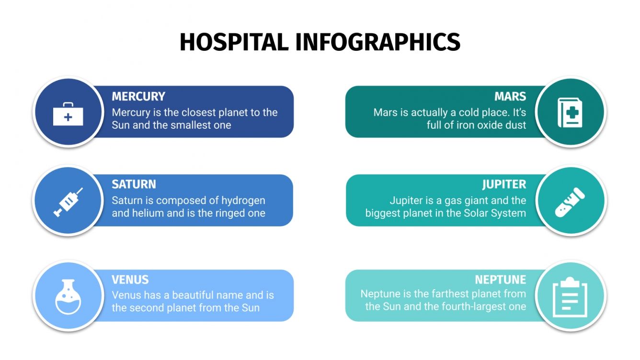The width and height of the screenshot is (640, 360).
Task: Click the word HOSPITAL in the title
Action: (234, 42)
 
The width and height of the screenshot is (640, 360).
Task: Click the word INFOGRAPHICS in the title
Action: (377, 42)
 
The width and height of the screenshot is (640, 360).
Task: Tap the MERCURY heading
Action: (138, 96)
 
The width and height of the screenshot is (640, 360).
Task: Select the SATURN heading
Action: (134, 184)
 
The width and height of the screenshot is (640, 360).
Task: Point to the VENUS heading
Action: (130, 280)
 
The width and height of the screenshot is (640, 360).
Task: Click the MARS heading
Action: (510, 96)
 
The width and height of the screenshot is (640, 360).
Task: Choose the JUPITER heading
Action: (504, 184)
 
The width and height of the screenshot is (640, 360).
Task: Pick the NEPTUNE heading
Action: (500, 280)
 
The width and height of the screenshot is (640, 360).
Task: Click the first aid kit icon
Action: (68, 113)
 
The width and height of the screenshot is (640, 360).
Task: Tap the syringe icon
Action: (68, 202)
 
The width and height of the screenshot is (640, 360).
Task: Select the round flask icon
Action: (68, 296)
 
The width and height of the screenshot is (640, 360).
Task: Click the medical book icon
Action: (570, 112)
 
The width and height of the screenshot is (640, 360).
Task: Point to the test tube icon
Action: (570, 202)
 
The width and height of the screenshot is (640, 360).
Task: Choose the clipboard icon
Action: (570, 296)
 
